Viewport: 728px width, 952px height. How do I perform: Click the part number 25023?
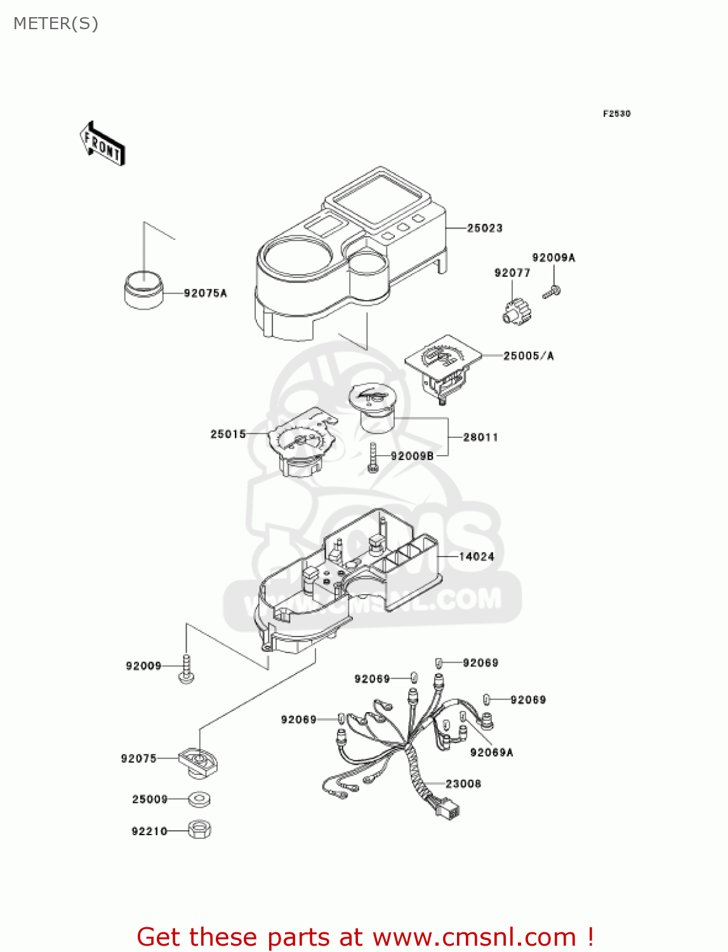point(484,228)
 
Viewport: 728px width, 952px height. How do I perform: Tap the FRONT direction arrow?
point(102,144)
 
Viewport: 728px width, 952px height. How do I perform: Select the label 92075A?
point(205,293)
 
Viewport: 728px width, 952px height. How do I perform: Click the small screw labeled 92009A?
point(551,292)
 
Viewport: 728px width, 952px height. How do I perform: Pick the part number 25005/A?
point(528,356)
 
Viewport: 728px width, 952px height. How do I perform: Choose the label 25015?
point(228,434)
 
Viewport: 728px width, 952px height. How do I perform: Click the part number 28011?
point(480,437)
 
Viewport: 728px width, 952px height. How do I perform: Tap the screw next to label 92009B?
point(373,458)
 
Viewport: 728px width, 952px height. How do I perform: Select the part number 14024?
point(476,557)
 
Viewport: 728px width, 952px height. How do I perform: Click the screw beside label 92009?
point(186,669)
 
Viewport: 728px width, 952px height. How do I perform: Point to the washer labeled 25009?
point(200,799)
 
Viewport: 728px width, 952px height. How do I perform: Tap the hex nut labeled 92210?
point(200,830)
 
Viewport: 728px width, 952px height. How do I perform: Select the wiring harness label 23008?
point(463,784)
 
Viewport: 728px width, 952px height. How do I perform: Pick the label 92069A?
point(491,753)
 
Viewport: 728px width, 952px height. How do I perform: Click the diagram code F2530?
point(616,114)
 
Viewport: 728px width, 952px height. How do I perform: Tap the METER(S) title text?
point(56,24)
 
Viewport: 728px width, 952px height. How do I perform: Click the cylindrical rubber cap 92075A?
point(143,290)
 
